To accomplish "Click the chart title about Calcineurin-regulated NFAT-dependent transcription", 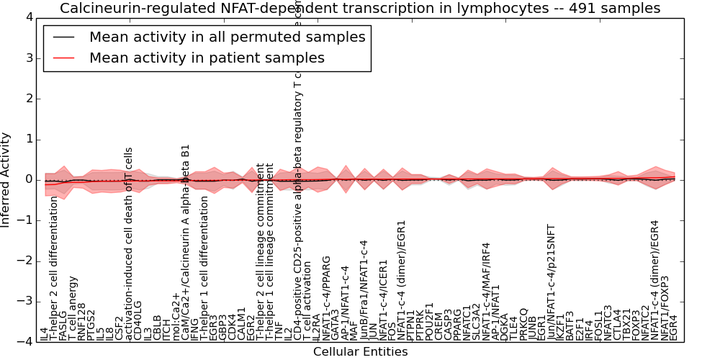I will pos(360,9).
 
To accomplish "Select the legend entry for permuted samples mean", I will pos(227,37).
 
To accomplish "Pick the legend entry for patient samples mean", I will pos(207,58).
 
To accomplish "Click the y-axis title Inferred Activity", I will pos(6,179).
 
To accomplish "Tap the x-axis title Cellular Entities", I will pos(360,352).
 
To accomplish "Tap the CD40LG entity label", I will pos(138,320).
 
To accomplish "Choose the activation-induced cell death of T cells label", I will pos(129,243).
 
